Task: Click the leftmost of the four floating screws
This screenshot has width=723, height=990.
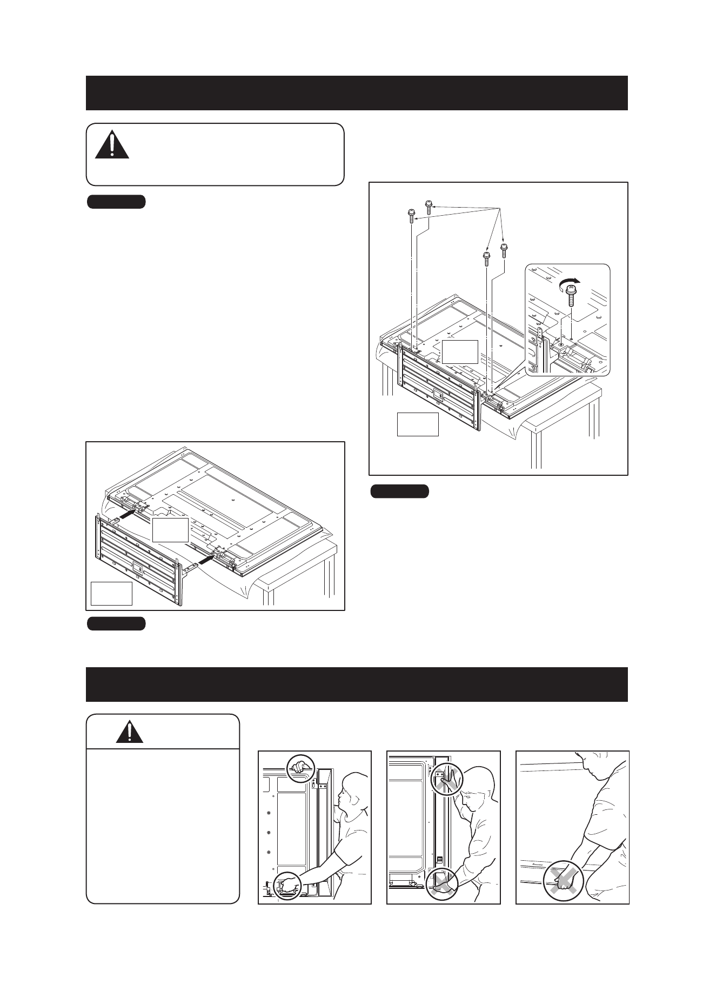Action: [411, 215]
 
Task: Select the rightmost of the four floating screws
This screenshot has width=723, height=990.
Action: [504, 250]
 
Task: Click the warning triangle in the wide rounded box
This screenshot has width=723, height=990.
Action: [112, 144]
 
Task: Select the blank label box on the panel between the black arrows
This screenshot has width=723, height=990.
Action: [170, 530]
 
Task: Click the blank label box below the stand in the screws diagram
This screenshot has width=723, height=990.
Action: [417, 424]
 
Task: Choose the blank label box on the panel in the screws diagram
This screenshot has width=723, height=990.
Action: [459, 352]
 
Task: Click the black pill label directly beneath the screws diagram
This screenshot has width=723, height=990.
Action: [400, 491]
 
